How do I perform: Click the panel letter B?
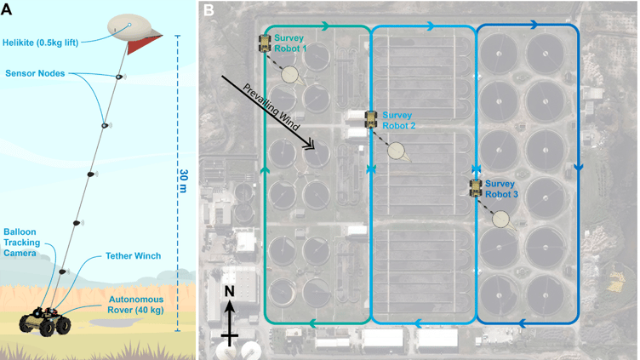click(209, 10)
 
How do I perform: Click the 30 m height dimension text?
click(184, 182)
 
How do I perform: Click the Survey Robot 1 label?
click(294, 44)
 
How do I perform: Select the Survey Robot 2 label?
click(399, 120)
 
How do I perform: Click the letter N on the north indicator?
click(229, 291)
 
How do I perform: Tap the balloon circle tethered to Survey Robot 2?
click(397, 151)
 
